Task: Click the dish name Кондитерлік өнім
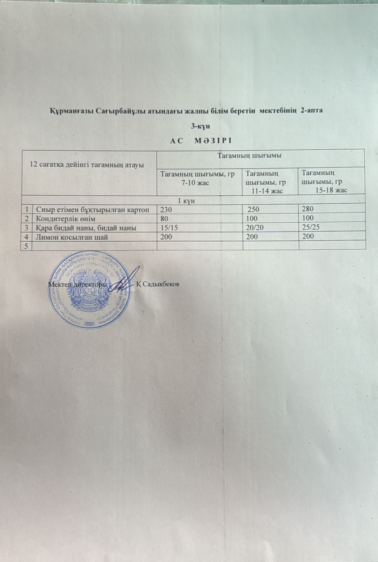(x=66, y=218)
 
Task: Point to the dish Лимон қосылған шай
(x=72, y=237)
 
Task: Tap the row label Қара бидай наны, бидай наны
(x=86, y=228)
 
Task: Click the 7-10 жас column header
(x=197, y=178)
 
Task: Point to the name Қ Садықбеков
(x=158, y=284)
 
